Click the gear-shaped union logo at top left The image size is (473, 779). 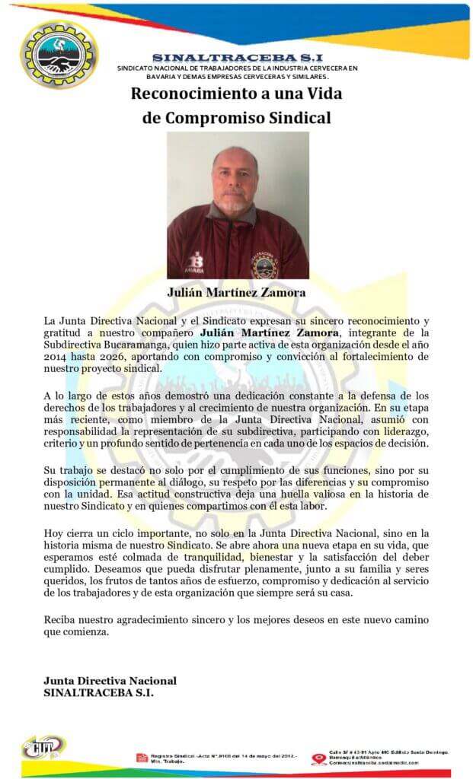point(59,54)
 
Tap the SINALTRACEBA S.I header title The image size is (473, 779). point(237,58)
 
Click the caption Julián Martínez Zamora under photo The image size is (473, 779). point(237,292)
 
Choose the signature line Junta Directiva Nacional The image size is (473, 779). point(110,680)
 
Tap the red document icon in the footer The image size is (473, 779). point(142,757)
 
